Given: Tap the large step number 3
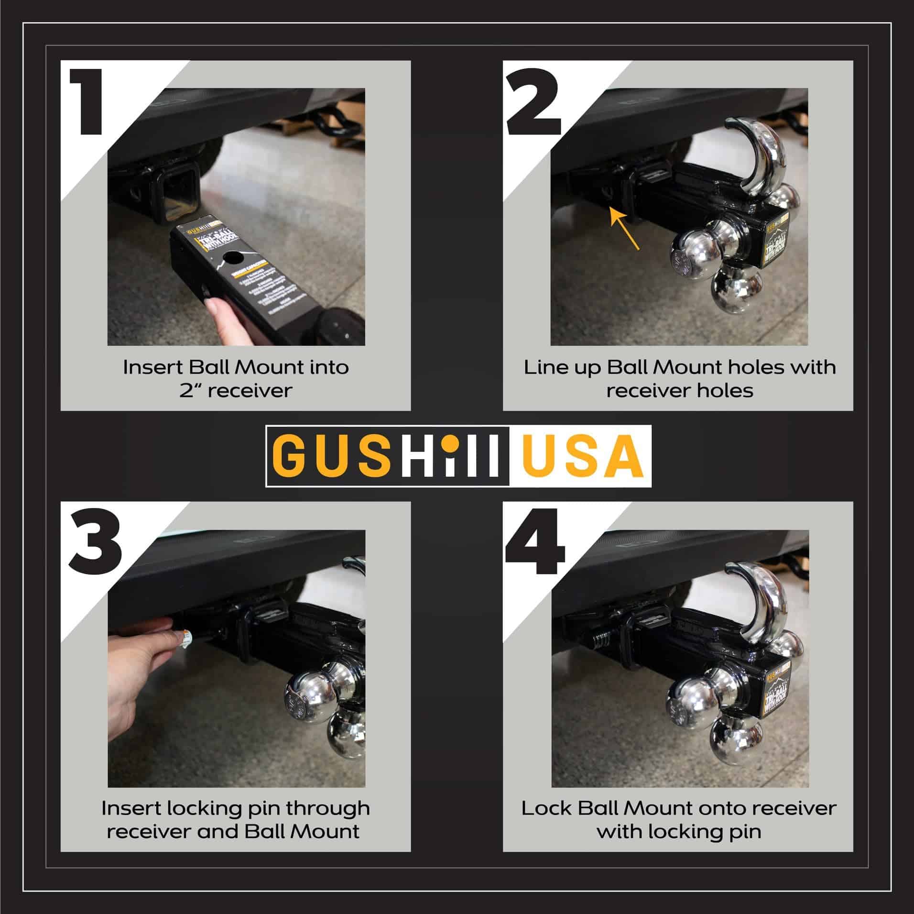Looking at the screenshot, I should click(x=95, y=542).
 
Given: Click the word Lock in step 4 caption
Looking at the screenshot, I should click(x=546, y=809).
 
